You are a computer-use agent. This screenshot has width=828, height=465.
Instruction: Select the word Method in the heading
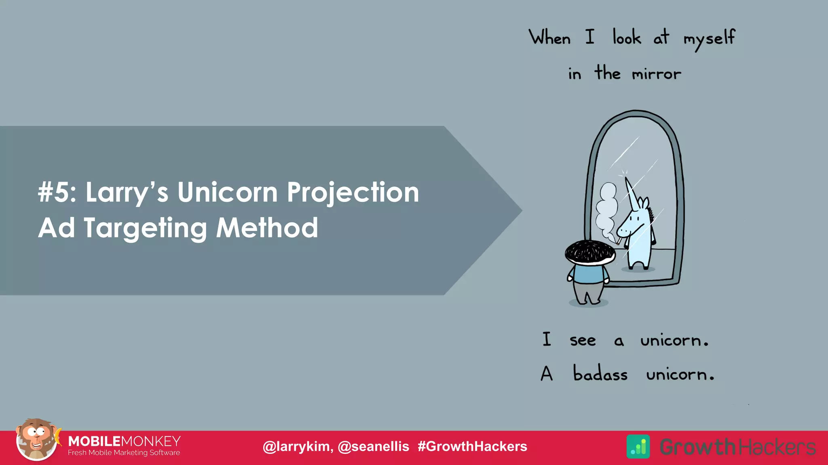click(267, 228)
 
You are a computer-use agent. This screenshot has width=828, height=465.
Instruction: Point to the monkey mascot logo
click(36, 440)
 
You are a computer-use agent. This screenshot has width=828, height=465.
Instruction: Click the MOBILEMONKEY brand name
click(124, 441)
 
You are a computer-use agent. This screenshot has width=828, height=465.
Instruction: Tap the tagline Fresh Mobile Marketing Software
click(124, 453)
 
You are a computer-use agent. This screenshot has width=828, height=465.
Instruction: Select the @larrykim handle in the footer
click(298, 446)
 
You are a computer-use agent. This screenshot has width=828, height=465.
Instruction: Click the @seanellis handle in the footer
click(373, 446)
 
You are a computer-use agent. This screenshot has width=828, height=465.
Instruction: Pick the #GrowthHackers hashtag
click(472, 446)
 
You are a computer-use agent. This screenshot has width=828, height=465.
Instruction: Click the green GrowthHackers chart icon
click(638, 446)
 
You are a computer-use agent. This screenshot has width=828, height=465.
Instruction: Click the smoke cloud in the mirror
click(606, 210)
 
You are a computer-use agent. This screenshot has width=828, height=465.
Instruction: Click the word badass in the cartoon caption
click(600, 374)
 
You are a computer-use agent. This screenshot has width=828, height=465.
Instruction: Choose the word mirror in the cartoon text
click(656, 74)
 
